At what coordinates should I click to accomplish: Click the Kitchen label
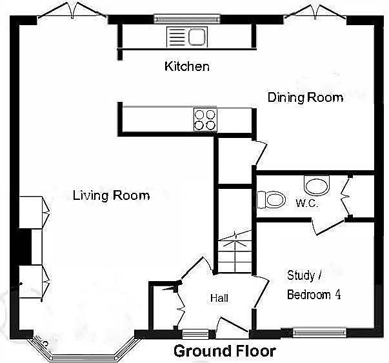point(187,66)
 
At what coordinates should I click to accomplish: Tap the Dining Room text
point(306,97)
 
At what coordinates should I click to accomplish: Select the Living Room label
point(111,195)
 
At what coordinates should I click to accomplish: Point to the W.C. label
point(306,203)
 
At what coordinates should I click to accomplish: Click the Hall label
point(219,298)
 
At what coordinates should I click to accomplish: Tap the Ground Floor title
point(224,351)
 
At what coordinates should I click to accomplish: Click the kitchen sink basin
point(197,37)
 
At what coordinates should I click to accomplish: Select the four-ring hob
point(205,121)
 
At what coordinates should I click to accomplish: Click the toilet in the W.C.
point(271,199)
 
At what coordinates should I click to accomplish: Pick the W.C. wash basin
point(317,186)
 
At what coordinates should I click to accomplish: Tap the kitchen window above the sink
point(187,19)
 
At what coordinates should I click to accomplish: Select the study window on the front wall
point(319,332)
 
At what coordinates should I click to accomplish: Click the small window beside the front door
point(195,334)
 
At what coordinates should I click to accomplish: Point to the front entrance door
point(232,328)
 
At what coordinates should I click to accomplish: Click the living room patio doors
point(72,10)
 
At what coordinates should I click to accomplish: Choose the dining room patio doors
point(315,12)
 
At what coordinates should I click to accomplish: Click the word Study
point(301,276)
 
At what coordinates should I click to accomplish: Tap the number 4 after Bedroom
point(338,295)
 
